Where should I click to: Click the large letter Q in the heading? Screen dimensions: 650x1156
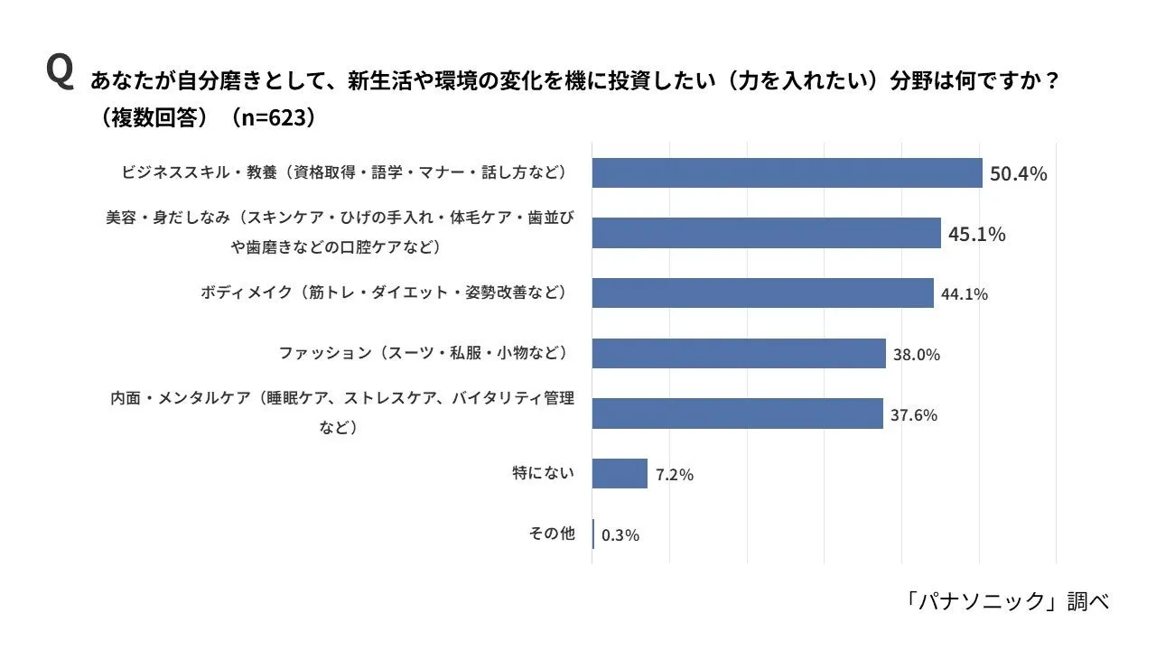tap(60, 71)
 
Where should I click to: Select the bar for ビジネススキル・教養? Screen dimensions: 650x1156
tap(787, 172)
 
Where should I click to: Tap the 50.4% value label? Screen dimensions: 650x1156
tap(1018, 173)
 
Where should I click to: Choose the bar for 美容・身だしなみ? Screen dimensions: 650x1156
tap(766, 233)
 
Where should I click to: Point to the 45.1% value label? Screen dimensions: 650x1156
tap(976, 235)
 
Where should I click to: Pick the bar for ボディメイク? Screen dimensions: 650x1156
tap(762, 292)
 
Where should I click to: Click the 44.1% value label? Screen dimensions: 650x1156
tap(964, 294)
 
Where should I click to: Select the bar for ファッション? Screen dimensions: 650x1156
tap(739, 353)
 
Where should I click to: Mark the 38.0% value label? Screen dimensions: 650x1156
tap(916, 355)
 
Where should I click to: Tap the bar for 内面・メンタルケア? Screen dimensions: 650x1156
tap(737, 413)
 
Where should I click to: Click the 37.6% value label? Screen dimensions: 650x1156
tap(913, 415)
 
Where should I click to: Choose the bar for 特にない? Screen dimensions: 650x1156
tap(620, 473)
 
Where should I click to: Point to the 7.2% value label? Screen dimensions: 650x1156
tap(675, 475)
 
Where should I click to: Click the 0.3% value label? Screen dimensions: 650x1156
tap(620, 535)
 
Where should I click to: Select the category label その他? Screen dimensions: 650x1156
tap(551, 534)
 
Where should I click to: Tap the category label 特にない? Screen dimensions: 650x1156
tap(543, 473)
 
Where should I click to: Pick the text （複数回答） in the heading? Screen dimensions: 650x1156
tap(156, 117)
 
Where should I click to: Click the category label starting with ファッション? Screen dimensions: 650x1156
tap(426, 353)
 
